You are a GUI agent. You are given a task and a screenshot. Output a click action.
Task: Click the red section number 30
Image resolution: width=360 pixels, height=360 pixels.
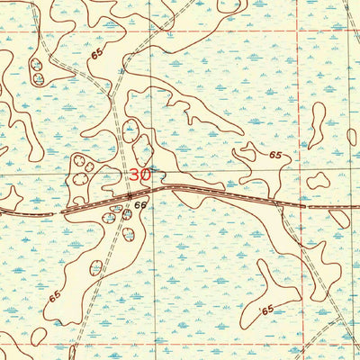[x=140, y=175]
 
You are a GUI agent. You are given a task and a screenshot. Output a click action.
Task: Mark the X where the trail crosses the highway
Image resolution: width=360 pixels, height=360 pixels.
[x=130, y=195]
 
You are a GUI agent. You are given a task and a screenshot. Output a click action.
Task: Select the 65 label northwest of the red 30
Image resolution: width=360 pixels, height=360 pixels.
[x=96, y=57]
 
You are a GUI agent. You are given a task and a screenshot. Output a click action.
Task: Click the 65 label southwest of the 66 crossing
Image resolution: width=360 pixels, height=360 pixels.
[x=56, y=296]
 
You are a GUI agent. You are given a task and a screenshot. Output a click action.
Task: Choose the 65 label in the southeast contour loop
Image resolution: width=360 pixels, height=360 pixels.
[x=265, y=310]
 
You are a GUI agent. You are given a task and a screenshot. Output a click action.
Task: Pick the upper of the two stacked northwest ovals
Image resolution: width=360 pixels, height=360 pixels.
[x=38, y=65]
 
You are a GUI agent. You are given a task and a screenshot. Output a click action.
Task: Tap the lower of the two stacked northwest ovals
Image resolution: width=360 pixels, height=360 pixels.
[x=38, y=79]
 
